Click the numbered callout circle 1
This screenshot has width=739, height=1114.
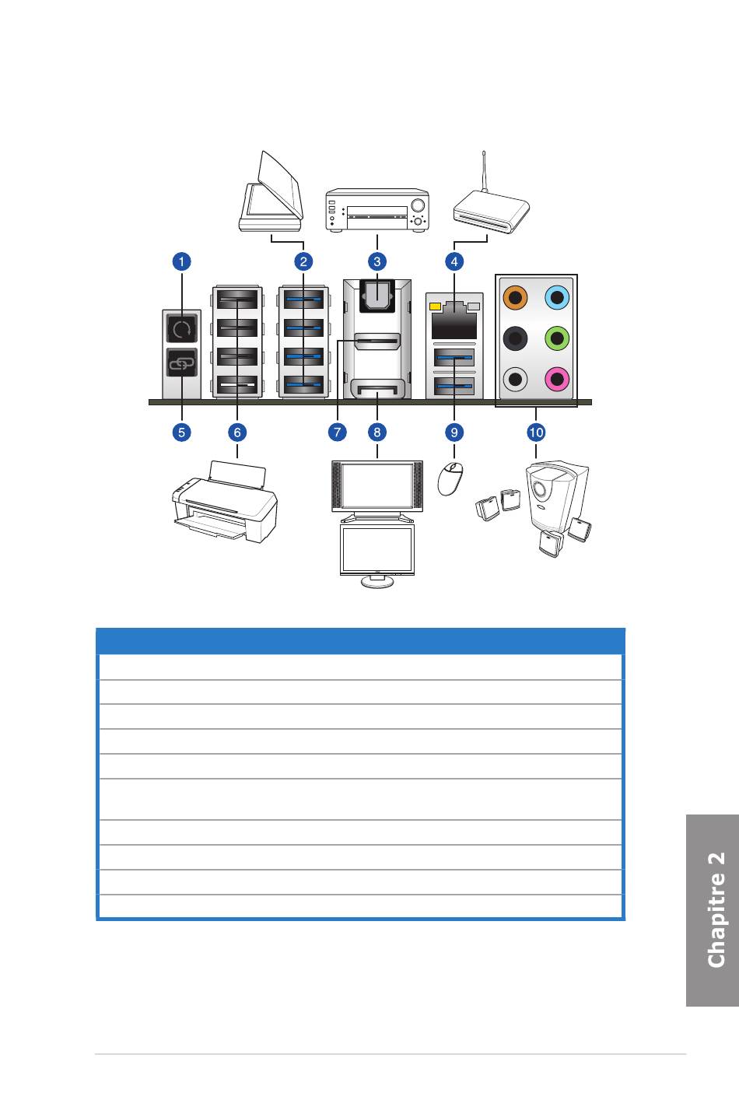(181, 261)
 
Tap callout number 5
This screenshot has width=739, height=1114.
(181, 432)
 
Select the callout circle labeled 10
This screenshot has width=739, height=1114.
(536, 432)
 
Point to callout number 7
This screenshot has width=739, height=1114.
(338, 432)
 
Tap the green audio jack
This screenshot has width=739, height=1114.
(558, 338)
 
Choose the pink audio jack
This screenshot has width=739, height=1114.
(558, 380)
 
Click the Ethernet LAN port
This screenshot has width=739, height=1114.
(454, 321)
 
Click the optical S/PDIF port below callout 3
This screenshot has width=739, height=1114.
(377, 295)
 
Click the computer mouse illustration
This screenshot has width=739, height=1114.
(450, 478)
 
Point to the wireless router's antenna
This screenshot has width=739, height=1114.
(484, 171)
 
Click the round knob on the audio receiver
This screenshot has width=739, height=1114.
(419, 205)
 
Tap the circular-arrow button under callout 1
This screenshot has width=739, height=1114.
(182, 330)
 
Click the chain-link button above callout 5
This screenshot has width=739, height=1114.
(182, 363)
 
